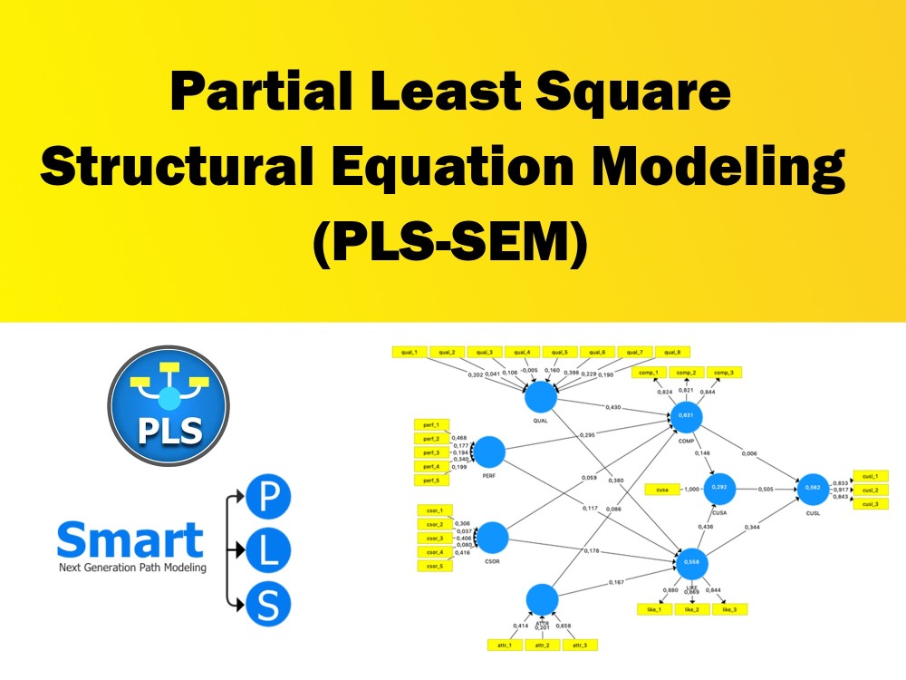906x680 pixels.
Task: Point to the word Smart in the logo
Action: point(130,540)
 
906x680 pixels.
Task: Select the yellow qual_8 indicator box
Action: point(670,352)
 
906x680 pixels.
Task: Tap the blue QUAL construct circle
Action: point(541,396)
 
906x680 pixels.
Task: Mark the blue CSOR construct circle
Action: point(492,537)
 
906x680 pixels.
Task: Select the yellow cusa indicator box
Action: point(662,490)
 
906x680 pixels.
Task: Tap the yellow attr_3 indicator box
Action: point(579,645)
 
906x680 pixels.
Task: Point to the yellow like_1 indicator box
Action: point(652,609)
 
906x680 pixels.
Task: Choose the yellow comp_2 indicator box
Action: point(686,373)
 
